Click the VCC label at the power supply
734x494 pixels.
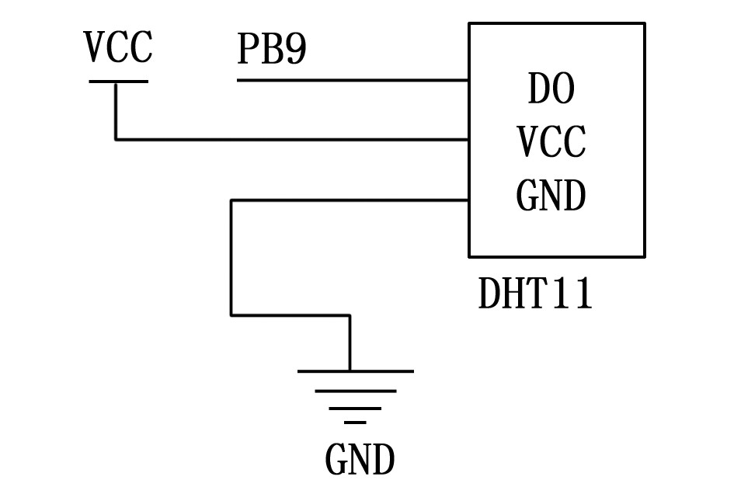click(x=118, y=48)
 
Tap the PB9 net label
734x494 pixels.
click(x=272, y=50)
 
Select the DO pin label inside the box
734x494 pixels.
click(x=551, y=89)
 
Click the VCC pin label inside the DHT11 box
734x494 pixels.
click(x=551, y=143)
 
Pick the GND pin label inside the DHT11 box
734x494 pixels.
click(x=551, y=196)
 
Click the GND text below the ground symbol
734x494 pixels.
click(x=360, y=461)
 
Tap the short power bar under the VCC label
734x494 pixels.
click(x=118, y=81)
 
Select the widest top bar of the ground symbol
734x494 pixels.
click(x=355, y=371)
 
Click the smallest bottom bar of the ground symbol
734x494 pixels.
click(x=355, y=423)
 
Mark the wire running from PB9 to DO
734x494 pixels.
click(x=350, y=80)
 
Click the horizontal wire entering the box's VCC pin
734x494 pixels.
click(x=295, y=140)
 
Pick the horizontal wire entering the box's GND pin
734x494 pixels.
click(x=350, y=200)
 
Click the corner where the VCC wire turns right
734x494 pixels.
click(x=116, y=140)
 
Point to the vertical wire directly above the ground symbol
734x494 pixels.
click(x=350, y=342)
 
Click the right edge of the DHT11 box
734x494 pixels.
click(x=644, y=140)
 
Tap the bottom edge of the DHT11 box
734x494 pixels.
click(x=556, y=256)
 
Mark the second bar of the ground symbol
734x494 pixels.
click(x=355, y=391)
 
